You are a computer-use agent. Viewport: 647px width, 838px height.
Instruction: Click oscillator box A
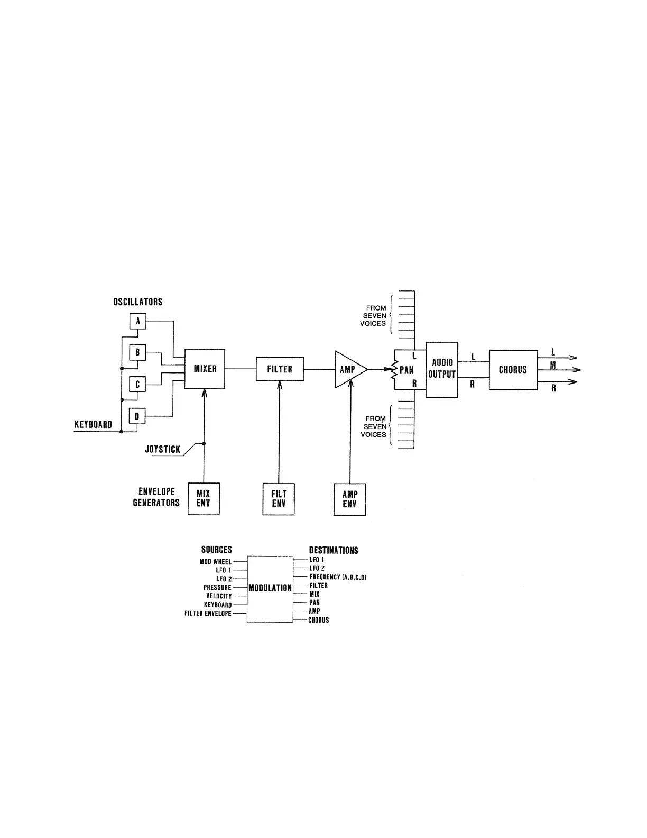click(138, 321)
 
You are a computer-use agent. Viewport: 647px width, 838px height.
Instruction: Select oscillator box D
click(137, 416)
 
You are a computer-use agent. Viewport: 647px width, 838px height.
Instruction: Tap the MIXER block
click(205, 369)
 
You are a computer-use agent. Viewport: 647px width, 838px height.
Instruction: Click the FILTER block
click(280, 369)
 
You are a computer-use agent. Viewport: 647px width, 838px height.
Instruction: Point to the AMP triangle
click(348, 369)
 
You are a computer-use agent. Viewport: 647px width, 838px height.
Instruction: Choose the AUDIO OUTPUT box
click(442, 369)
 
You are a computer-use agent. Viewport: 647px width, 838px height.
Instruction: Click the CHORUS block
click(513, 370)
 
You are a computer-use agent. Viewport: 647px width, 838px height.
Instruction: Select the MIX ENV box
click(204, 499)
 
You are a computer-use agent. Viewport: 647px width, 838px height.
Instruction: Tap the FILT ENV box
click(279, 499)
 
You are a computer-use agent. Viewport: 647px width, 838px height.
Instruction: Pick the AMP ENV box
click(349, 499)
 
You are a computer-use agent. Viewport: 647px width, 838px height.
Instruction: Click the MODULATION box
click(270, 588)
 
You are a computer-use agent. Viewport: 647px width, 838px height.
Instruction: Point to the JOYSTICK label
click(163, 450)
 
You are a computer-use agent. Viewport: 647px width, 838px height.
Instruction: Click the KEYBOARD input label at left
click(93, 424)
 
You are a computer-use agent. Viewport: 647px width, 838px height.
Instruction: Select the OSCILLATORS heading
click(138, 302)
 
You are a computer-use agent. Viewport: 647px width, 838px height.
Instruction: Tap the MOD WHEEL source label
click(216, 562)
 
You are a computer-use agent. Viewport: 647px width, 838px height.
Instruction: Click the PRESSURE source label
click(217, 588)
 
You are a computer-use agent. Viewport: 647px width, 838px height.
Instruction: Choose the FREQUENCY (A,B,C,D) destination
click(338, 577)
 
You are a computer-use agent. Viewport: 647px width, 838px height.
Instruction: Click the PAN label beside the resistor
click(406, 370)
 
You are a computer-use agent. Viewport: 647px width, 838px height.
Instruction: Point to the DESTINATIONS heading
click(334, 551)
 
